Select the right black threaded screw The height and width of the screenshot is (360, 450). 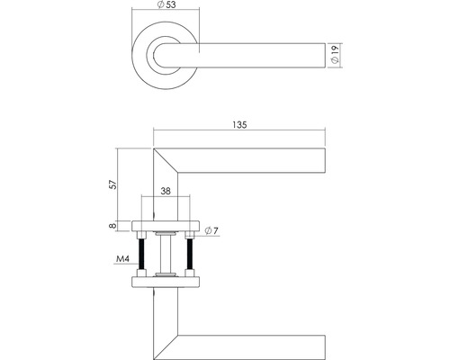point(190,256)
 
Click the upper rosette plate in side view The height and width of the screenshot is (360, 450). point(166,225)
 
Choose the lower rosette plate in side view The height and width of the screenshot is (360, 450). point(166,283)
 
